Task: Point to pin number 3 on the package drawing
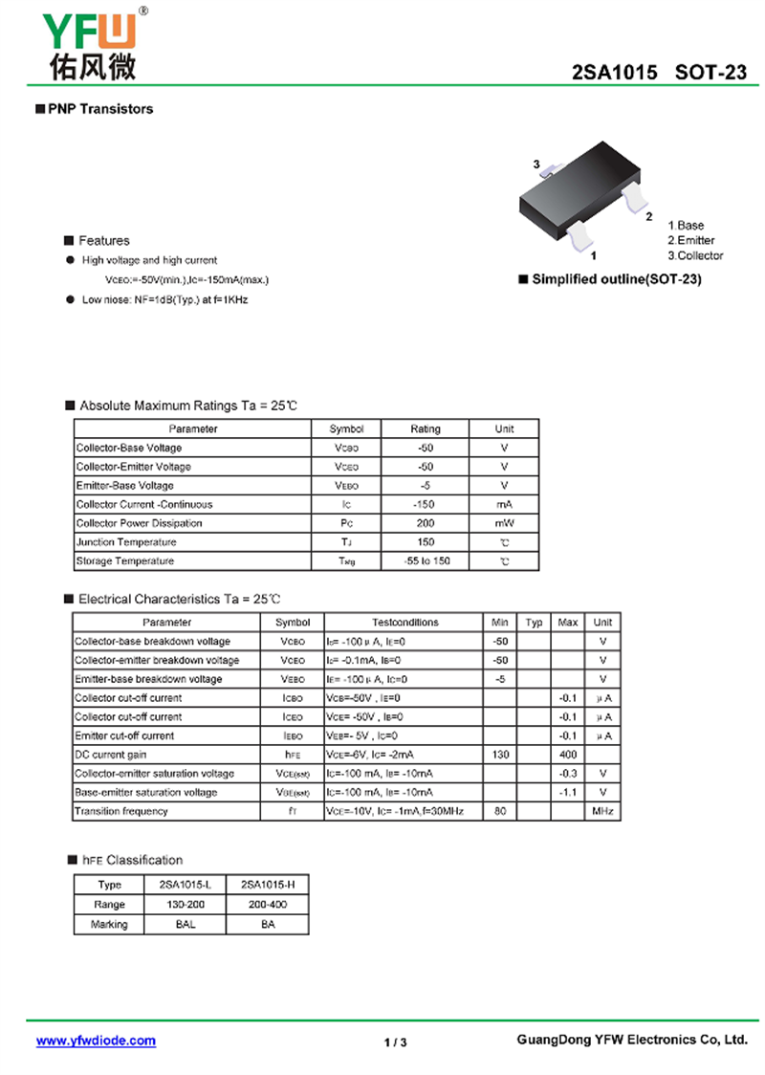point(537,165)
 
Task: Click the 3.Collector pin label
point(695,255)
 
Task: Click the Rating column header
point(426,428)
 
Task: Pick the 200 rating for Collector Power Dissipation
point(426,523)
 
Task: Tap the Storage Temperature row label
point(125,560)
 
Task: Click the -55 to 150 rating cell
point(426,560)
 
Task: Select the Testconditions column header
point(404,623)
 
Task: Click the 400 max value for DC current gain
point(568,755)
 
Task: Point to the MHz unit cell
point(602,811)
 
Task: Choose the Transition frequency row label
point(121,811)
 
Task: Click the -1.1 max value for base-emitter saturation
point(568,792)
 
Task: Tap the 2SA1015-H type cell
point(268,885)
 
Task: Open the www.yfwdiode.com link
point(96,1041)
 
